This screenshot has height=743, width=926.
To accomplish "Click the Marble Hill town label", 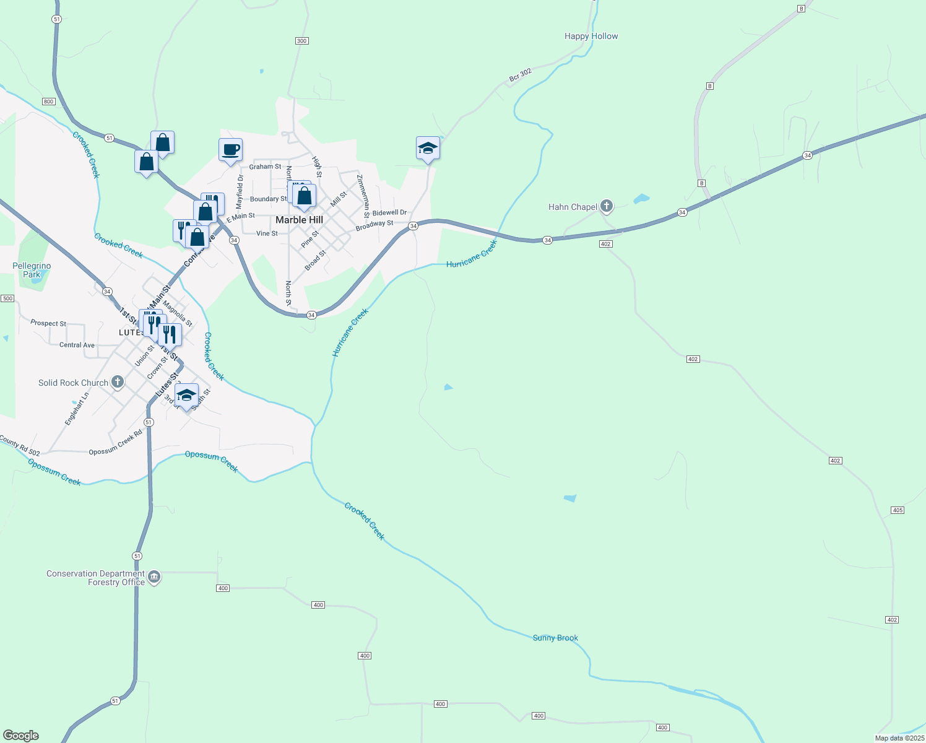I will (299, 220).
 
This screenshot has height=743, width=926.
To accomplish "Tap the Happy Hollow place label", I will (591, 37).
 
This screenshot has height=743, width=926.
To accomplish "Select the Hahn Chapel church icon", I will (607, 206).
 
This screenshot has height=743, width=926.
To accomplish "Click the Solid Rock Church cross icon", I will (117, 382).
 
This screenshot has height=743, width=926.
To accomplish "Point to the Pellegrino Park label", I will (32, 270).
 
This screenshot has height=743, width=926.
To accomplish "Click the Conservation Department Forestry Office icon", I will (154, 577).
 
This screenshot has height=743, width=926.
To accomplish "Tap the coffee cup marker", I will (230, 149).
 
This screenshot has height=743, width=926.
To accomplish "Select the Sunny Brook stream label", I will (555, 638).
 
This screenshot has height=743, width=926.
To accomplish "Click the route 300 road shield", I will (301, 41).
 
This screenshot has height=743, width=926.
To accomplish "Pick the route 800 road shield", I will (49, 102).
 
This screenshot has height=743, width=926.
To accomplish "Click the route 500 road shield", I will (7, 298).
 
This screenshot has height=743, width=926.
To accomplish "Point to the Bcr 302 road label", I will (520, 76).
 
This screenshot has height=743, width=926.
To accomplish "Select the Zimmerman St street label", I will (363, 196).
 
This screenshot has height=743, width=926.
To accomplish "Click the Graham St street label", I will (265, 167).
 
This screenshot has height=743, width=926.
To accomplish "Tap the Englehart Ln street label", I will (77, 409).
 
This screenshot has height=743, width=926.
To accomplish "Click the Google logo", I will (21, 736).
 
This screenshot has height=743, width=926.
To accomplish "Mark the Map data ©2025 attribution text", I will (899, 738).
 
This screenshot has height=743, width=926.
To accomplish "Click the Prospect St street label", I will (48, 323).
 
